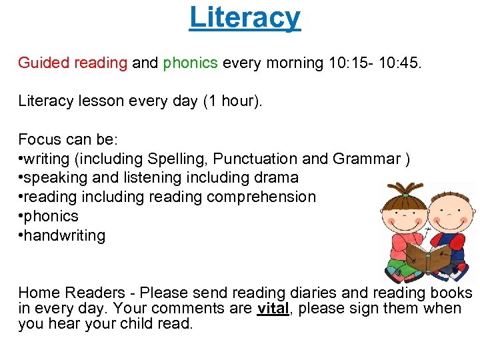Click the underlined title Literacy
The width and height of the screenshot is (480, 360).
click(x=245, y=18)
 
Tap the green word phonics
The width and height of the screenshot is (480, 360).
click(x=190, y=63)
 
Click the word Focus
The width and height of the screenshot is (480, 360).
click(x=41, y=140)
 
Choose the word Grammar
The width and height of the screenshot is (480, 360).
click(x=365, y=159)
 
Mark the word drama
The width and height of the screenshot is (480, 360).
click(x=275, y=178)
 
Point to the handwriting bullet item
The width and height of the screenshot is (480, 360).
click(x=65, y=235)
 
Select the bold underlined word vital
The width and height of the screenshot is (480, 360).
click(x=273, y=309)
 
